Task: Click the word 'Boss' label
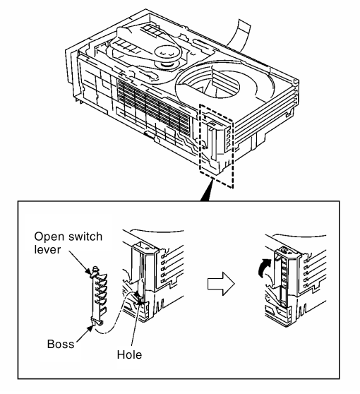(x=61, y=344)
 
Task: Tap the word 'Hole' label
(x=129, y=354)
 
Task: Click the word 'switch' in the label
(x=85, y=237)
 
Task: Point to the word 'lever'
(x=47, y=249)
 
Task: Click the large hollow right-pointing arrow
(x=221, y=284)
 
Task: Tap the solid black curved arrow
(x=264, y=268)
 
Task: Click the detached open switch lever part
(x=98, y=296)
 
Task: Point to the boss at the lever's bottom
(x=96, y=322)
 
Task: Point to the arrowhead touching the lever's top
(x=88, y=271)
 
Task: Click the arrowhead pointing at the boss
(x=89, y=330)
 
